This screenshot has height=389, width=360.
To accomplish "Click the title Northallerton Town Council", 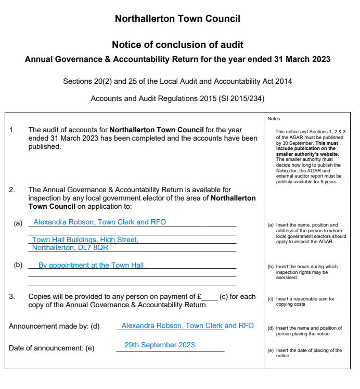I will (177, 19).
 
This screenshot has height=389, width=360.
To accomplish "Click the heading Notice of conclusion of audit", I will (177, 45).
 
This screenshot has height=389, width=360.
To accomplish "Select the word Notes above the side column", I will (274, 119).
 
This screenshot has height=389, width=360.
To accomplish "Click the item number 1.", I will (12, 130).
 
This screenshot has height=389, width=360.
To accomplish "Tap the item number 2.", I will (12, 190).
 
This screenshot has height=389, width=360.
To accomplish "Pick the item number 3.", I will (12, 296).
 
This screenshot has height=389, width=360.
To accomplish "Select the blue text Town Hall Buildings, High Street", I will (85, 240).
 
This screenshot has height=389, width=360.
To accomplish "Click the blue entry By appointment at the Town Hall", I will (91, 265).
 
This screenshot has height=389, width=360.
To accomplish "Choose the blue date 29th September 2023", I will (160, 345).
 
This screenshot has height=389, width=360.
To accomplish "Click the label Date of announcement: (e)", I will (52, 348).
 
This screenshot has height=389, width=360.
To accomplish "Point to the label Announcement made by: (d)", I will (54, 326).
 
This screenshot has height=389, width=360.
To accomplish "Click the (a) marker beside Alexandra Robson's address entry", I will (18, 223).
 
